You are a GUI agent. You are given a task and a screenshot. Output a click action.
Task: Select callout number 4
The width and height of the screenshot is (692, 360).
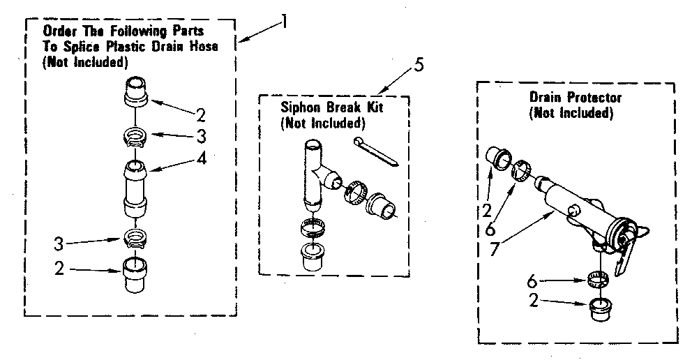point(201,158)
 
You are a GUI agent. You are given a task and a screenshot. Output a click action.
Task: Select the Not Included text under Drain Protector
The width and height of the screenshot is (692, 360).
point(571,112)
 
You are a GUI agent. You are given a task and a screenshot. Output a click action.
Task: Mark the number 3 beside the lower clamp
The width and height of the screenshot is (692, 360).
point(60,243)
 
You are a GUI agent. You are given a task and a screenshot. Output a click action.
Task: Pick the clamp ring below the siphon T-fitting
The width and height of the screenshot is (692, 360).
point(313,227)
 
